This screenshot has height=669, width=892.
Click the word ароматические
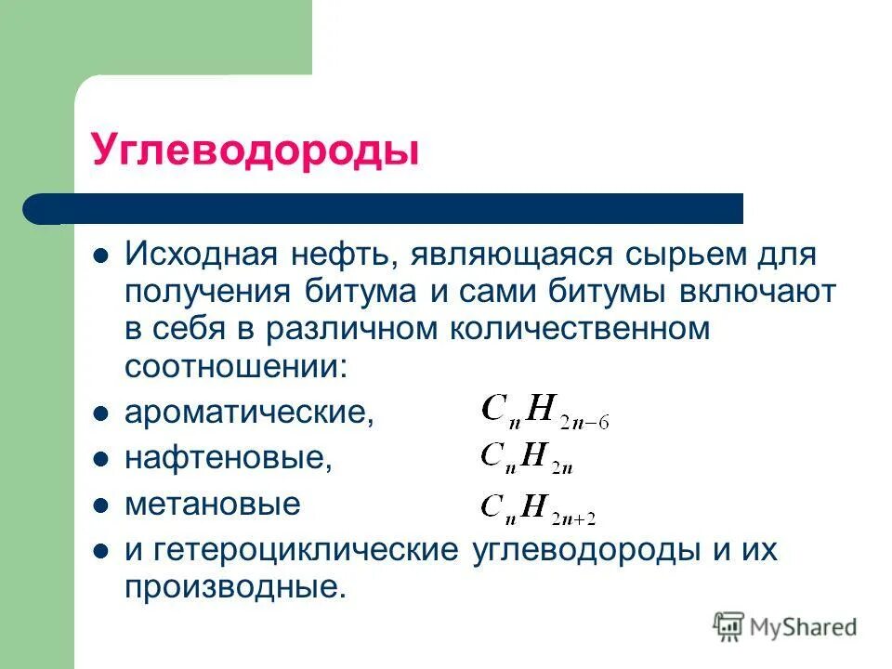coord(249,413)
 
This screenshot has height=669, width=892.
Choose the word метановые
coord(213,505)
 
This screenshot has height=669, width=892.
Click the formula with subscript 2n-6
coord(544,411)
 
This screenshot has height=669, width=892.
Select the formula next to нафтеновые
coord(526,456)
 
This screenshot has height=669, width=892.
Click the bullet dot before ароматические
coord(102,413)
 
